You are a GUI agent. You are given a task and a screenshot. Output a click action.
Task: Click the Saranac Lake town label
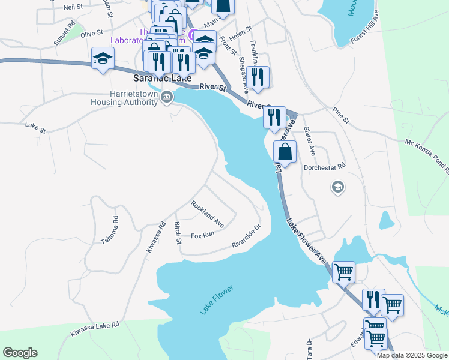[x=161, y=79]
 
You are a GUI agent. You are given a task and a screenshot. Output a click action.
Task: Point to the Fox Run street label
[x=202, y=235]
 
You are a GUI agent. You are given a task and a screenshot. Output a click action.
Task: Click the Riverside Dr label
[x=246, y=237]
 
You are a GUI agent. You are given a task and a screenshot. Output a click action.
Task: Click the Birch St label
[x=178, y=233]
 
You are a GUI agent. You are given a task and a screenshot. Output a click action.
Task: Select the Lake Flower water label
[x=216, y=300]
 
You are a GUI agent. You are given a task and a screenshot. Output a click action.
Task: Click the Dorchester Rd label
[x=325, y=167]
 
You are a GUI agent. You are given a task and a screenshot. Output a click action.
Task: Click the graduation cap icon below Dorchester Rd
[x=337, y=188]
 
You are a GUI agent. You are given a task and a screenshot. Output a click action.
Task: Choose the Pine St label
[x=340, y=115]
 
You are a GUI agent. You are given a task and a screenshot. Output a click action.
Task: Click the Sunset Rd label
[x=64, y=35]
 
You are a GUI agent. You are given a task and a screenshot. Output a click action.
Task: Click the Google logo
[x=20, y=353]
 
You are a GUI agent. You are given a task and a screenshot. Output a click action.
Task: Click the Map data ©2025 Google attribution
[x=412, y=355]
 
